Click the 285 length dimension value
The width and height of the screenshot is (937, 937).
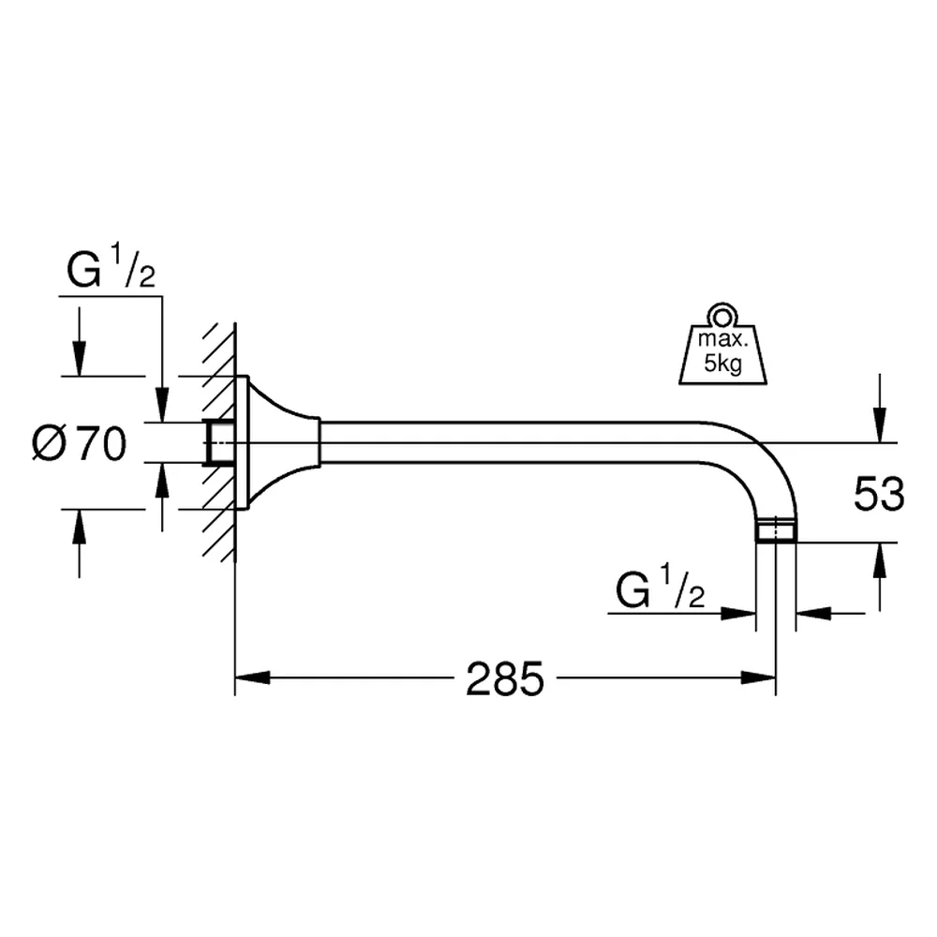(x=505, y=678)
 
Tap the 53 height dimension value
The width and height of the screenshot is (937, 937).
(x=879, y=494)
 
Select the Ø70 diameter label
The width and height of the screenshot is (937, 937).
(x=80, y=444)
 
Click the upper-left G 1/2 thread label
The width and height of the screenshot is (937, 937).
(x=112, y=269)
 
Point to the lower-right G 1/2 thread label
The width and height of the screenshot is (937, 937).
(x=661, y=588)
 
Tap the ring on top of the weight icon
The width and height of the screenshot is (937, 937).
(x=723, y=314)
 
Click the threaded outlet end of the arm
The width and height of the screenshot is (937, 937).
(x=776, y=530)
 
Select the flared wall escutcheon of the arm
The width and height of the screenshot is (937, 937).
(x=278, y=443)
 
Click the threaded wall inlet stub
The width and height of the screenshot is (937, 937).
(x=218, y=443)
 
